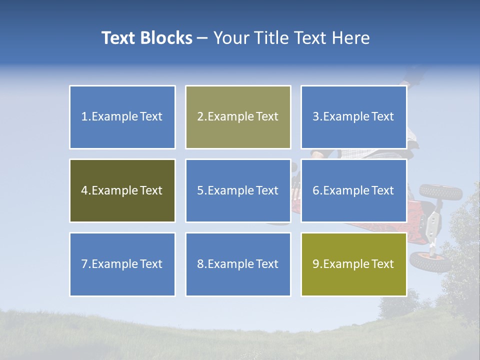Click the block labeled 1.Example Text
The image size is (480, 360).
tap(122, 117)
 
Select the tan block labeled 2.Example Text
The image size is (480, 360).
tap(238, 117)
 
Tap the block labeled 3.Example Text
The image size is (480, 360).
tap(353, 117)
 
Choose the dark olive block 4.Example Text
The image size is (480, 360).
tap(122, 190)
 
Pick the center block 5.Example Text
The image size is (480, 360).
tap(238, 190)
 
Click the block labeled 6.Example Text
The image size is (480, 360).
tap(353, 190)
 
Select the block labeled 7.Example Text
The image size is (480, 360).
tap(122, 264)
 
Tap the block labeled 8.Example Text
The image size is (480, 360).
tap(238, 264)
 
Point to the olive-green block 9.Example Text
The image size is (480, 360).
tap(353, 264)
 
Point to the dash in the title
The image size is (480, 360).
tap(202, 38)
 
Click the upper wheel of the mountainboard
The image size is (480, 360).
tap(440, 191)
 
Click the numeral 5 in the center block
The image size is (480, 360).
tap(200, 190)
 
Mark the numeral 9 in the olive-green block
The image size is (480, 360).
tap(315, 264)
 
